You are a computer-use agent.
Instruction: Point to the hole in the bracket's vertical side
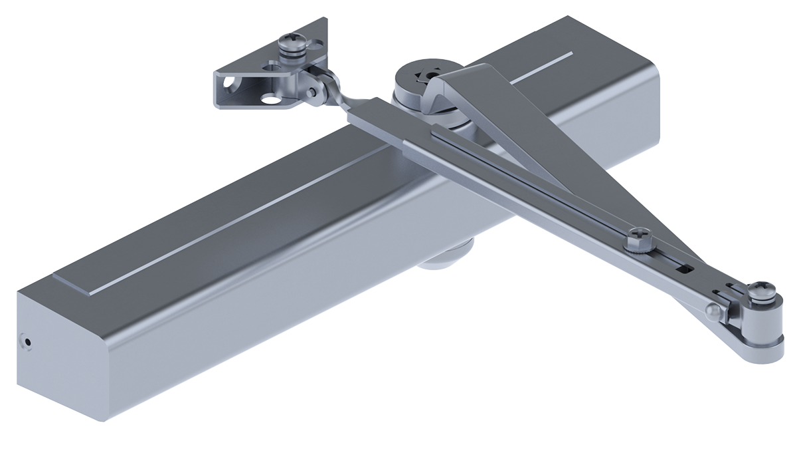[x=229, y=85]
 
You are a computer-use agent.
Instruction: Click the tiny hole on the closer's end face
[x=27, y=341]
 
